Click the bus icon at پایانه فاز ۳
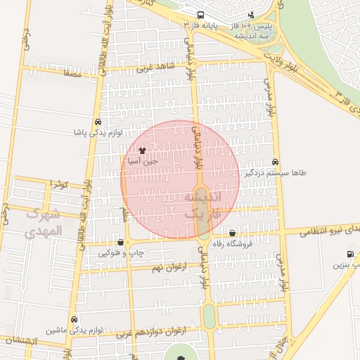[x=201, y=15]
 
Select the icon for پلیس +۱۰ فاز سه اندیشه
[x=252, y=15]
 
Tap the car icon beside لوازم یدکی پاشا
[x=96, y=121]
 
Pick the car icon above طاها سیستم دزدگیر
[x=275, y=161]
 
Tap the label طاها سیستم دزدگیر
[x=275, y=172]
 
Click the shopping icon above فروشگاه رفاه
[x=232, y=233]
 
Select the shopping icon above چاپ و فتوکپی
[x=120, y=242]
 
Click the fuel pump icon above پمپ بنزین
[x=350, y=254]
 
